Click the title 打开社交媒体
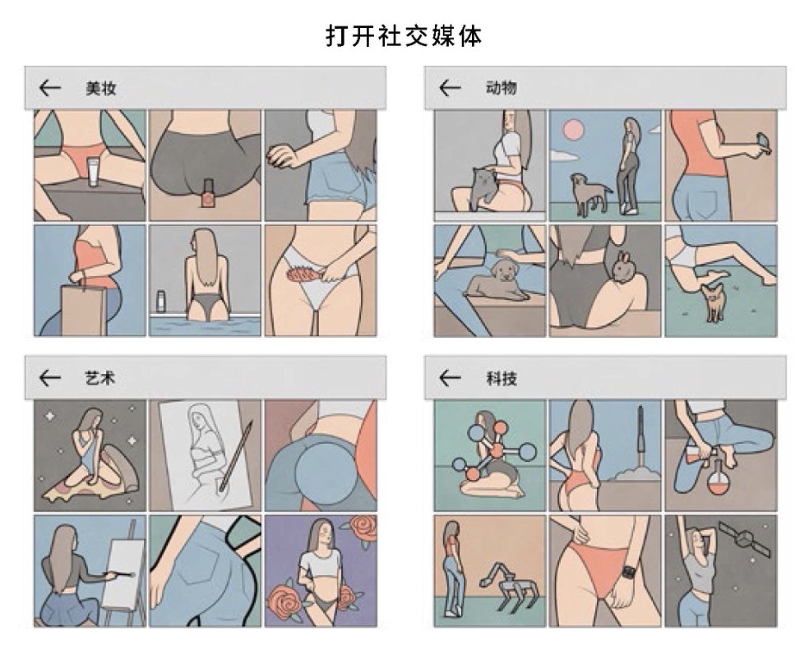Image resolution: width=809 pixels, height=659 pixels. coord(404,36)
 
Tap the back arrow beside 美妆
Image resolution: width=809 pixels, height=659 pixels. coord(50,88)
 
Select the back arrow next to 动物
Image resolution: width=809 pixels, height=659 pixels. coord(450,88)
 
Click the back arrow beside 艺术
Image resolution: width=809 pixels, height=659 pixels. coord(50,378)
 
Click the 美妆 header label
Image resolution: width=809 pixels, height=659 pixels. coord(100,88)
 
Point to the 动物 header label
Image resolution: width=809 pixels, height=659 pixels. coord(501,88)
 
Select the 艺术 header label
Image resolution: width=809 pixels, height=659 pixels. coord(100,378)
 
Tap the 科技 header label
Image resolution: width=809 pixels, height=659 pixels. coord(501,379)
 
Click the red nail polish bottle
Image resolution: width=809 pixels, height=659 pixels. coord(207,194)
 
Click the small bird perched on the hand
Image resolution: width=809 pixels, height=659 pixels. coord(763,142)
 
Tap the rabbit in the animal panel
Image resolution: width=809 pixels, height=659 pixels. coord(622,267)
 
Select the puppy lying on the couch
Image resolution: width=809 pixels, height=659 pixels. coord(499,281)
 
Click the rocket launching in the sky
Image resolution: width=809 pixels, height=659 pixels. coord(640,435)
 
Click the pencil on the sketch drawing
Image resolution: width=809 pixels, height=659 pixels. coord(236,455)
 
